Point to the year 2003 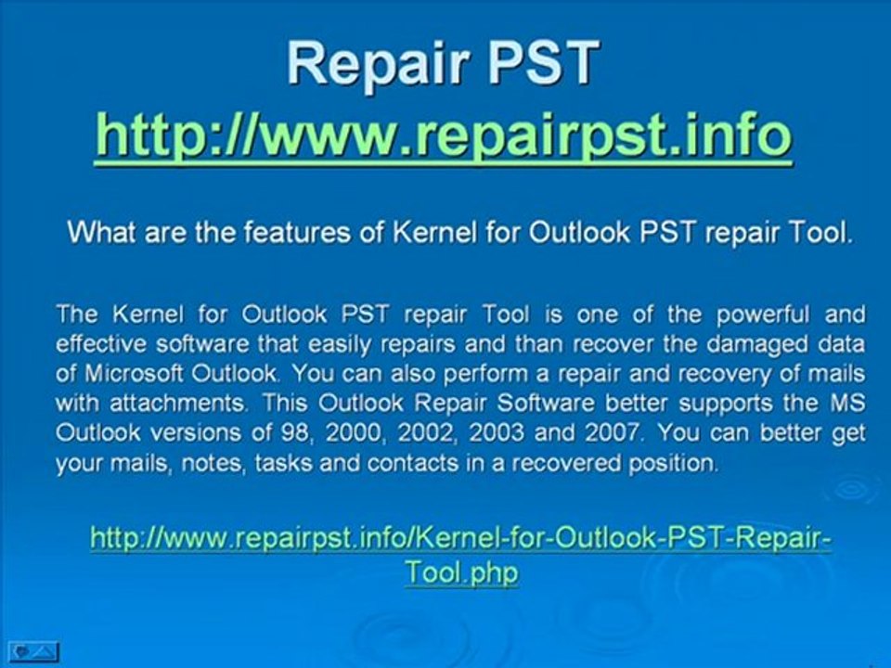point(513,433)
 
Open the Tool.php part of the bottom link point(460,572)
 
